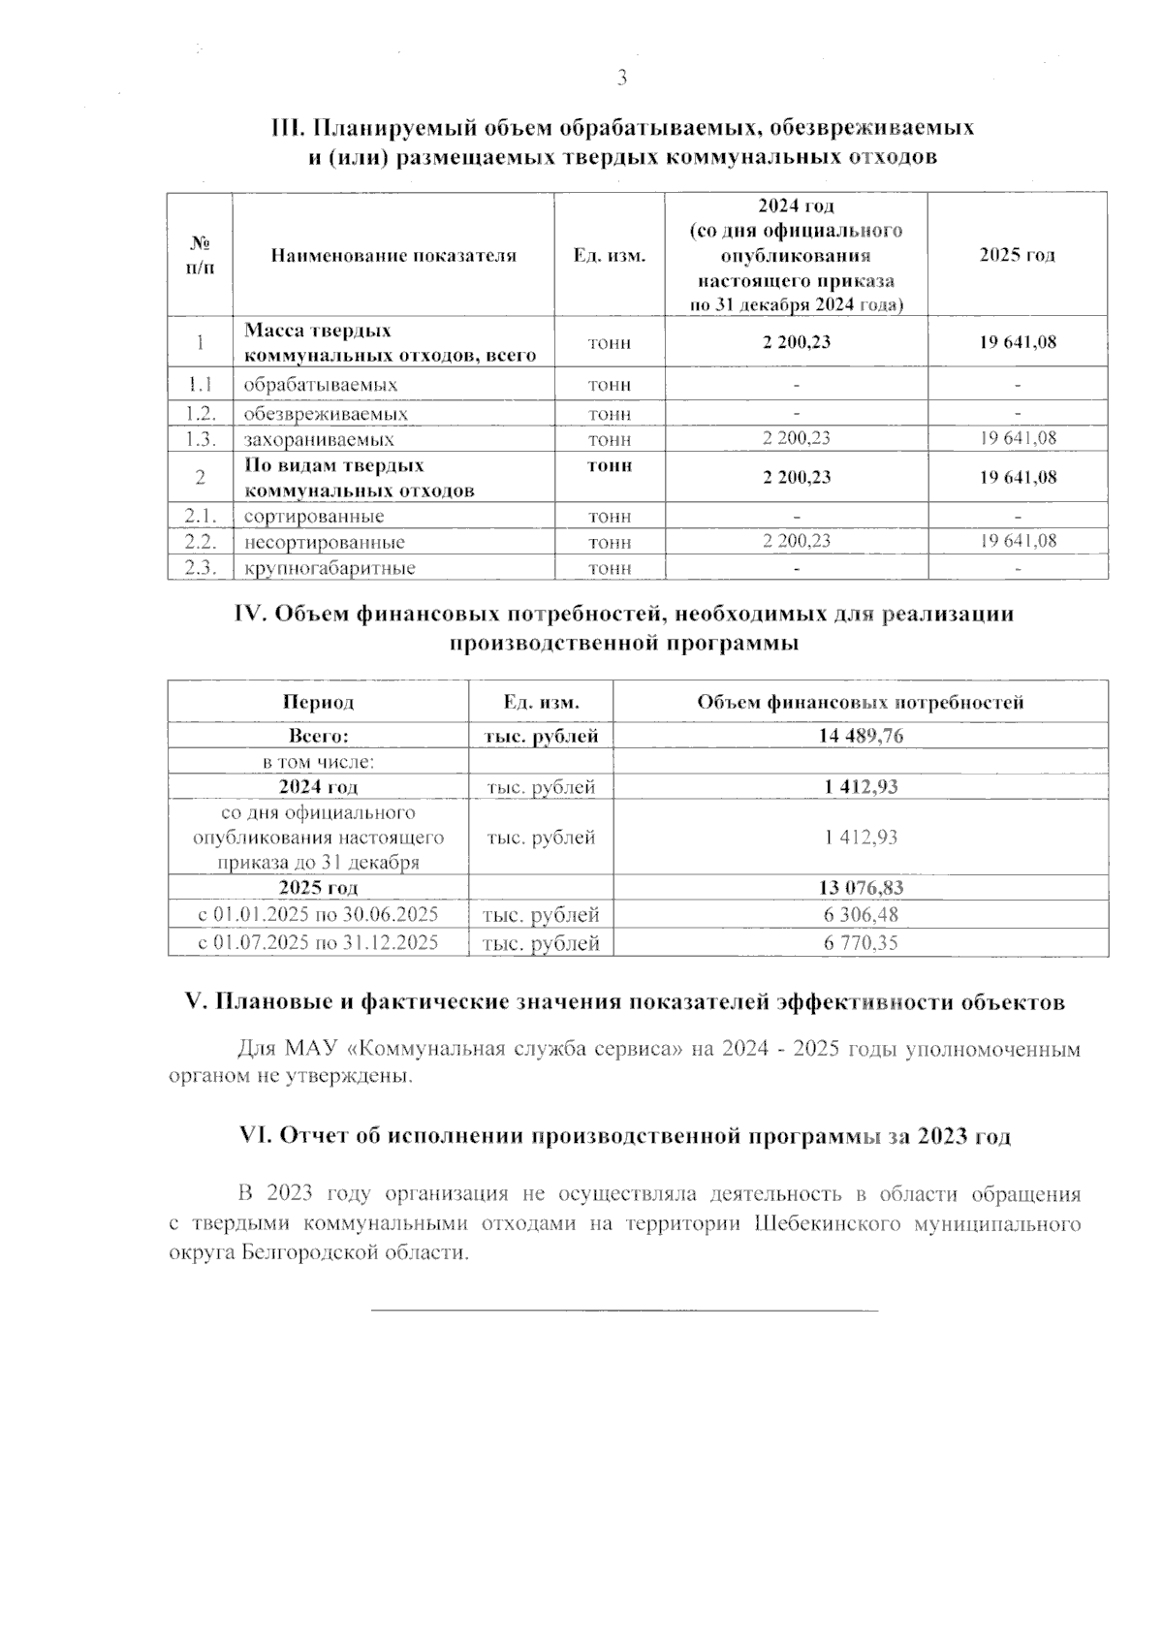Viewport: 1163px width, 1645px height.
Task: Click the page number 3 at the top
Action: coord(622,79)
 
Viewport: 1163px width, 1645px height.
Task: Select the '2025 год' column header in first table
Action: coord(1017,255)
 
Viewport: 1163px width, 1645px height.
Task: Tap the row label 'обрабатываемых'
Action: coord(320,385)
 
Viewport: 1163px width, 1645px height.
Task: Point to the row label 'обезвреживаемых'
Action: coord(325,414)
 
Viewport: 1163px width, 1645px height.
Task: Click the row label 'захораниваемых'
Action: coord(319,439)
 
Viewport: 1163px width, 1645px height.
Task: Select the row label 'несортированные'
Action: coord(324,543)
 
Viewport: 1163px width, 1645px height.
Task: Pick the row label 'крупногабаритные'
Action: coord(330,569)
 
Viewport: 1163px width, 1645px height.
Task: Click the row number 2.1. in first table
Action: coord(200,517)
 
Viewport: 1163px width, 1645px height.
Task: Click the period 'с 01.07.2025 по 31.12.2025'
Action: coord(318,942)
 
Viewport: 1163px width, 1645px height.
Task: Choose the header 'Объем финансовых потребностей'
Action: coord(860,702)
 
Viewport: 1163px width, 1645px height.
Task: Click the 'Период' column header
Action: coord(318,702)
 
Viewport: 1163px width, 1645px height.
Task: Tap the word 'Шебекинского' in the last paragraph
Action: coord(829,1224)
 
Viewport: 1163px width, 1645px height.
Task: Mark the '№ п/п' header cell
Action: coord(200,255)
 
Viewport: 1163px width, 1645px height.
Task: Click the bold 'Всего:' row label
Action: coord(318,736)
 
